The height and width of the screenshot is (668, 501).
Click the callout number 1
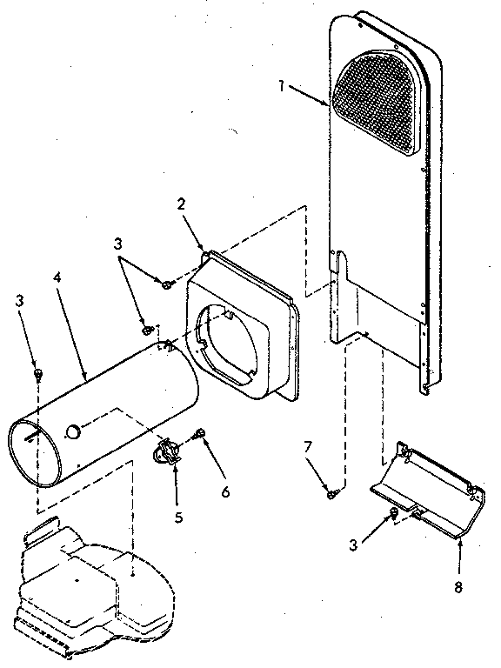282,85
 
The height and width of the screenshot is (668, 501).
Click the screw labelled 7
332,494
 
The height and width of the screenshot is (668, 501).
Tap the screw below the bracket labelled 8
393,514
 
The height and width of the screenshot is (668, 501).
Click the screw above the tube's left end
39,374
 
